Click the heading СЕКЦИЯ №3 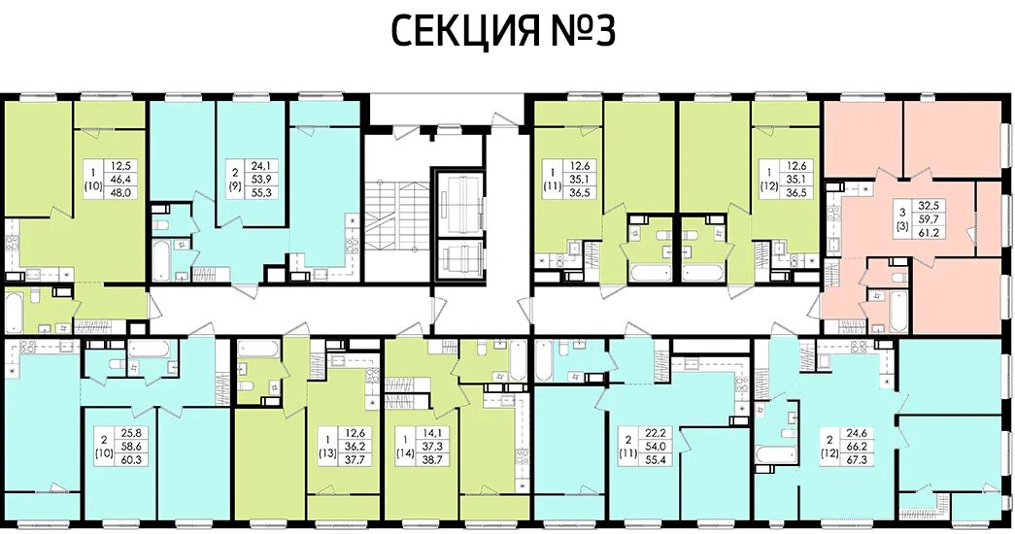click(x=503, y=32)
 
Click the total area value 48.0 click(x=121, y=192)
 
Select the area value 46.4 click(x=121, y=180)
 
